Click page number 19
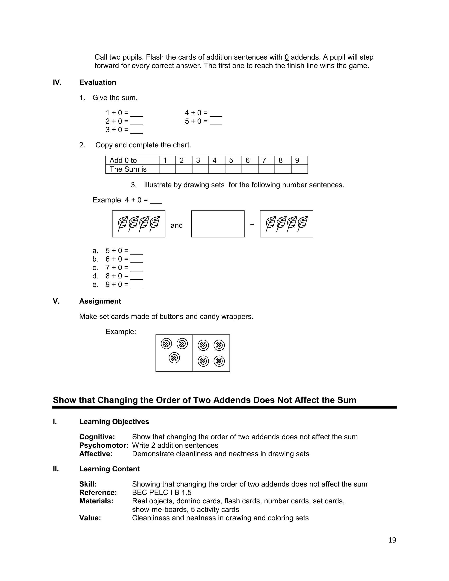point(392,540)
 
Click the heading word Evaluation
point(98,82)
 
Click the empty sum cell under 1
point(167,169)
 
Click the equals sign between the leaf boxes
point(252,225)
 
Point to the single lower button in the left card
point(174,358)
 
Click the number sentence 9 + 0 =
point(117,284)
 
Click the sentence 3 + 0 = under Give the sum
point(117,130)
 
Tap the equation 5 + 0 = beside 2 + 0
point(196,121)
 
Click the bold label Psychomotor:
point(103,445)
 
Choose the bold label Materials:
point(96,501)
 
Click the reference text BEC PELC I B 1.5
point(162,492)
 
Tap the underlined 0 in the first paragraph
point(287,57)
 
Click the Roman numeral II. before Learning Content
point(56,469)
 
